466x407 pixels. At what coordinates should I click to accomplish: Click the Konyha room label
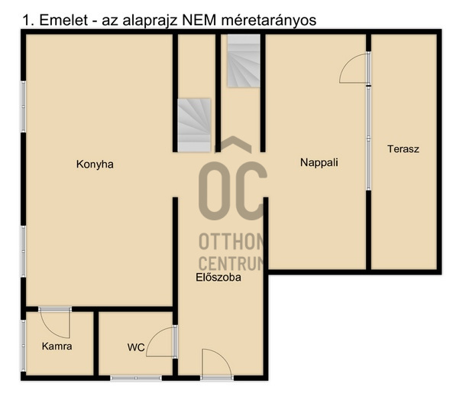click(95, 164)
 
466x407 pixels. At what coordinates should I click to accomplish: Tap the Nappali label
click(319, 162)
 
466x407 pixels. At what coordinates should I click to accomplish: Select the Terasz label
click(403, 148)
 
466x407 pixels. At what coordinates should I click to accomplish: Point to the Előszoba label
click(218, 277)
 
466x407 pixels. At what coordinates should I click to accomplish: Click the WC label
click(136, 347)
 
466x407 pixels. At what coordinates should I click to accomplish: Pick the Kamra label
click(57, 347)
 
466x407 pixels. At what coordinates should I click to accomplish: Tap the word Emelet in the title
click(63, 21)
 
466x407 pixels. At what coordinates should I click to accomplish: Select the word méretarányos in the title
click(269, 21)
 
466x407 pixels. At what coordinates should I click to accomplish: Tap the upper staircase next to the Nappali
click(244, 60)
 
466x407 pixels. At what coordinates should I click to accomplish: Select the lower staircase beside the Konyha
click(194, 125)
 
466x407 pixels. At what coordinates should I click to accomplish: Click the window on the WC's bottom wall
click(136, 378)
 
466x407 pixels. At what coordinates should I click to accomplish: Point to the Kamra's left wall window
click(23, 346)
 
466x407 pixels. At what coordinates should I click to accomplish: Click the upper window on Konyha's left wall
click(23, 106)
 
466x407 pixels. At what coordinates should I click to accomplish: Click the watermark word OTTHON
click(231, 241)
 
